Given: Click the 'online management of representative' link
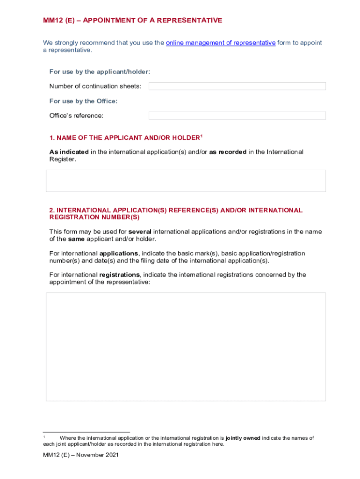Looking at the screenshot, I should (x=221, y=43).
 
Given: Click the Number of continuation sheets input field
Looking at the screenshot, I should (x=237, y=86).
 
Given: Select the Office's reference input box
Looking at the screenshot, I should (x=237, y=116).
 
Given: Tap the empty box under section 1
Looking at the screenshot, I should (x=186, y=181).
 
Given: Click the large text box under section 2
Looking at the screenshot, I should (x=186, y=347).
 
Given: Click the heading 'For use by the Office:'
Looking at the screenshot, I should (x=83, y=101).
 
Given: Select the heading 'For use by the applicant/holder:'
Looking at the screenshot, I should (x=100, y=72).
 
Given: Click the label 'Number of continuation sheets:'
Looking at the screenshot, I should (x=95, y=87).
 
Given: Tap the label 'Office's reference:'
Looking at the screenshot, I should (x=76, y=116).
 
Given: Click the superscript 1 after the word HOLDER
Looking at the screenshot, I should (x=202, y=136).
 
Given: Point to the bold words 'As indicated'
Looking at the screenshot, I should (x=69, y=152).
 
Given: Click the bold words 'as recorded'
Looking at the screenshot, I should (x=228, y=152).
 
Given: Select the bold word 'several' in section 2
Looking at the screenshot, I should (x=140, y=232).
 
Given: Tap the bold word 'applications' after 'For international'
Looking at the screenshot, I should (x=119, y=254).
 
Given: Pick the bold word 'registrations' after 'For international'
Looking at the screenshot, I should (x=119, y=275).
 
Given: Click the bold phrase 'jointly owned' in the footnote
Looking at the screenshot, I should (x=243, y=438).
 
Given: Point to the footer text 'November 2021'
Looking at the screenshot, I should (x=98, y=455).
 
